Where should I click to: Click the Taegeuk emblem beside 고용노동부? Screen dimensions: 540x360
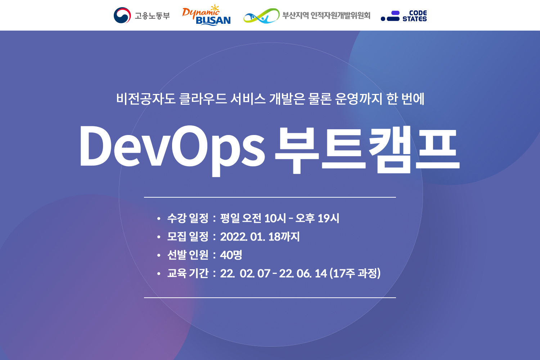coord(122,15)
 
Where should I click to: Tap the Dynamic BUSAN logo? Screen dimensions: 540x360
coord(206,15)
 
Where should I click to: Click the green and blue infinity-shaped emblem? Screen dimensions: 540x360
coord(261,16)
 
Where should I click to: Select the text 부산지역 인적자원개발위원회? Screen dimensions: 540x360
coord(326,15)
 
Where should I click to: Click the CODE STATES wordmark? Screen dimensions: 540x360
coord(415,16)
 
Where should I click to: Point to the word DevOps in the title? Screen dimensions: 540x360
coord(172,148)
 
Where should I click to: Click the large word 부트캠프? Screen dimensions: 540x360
coord(367,149)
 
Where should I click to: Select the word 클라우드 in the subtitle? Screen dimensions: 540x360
coord(203,99)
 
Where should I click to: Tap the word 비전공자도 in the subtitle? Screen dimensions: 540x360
coord(145,99)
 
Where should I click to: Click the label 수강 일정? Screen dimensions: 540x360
coord(188,218)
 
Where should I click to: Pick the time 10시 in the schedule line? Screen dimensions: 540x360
coord(275,218)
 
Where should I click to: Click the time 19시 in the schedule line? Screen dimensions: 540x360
coord(328,218)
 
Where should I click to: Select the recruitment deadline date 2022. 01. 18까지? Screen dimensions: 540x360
coord(260,237)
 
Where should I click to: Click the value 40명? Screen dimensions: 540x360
coord(231,255)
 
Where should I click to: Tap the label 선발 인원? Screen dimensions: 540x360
coord(188,255)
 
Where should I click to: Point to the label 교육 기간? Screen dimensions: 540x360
coord(188,273)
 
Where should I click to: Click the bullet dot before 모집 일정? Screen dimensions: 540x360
coord(159,237)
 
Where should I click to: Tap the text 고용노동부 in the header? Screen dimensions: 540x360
coord(152,16)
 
